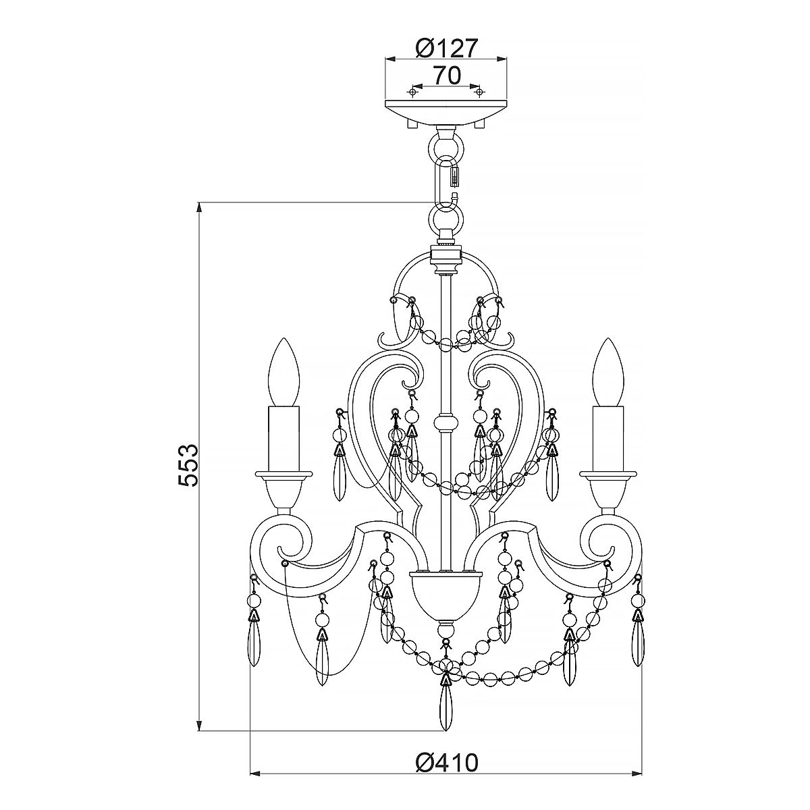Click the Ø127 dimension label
point(446,48)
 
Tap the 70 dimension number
point(446,76)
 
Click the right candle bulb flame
point(608,373)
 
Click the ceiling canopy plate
point(446,112)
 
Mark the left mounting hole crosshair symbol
point(412,92)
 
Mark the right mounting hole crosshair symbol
point(479,92)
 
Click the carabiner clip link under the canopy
point(446,179)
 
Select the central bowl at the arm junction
point(446,594)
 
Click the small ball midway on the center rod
point(446,424)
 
